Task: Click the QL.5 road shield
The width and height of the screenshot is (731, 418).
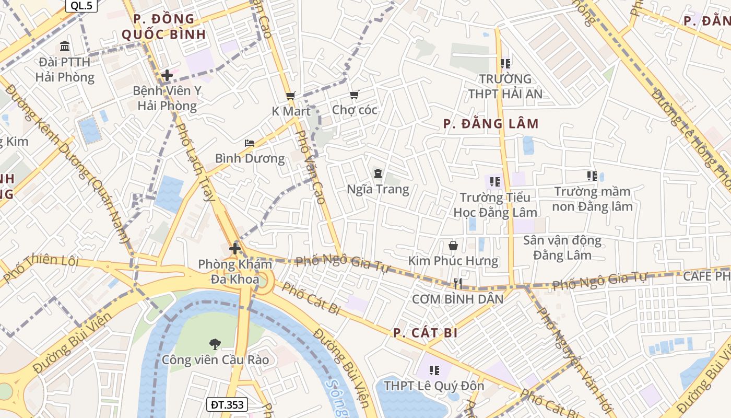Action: [x=81, y=6]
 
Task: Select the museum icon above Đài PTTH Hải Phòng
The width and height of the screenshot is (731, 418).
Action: [x=65, y=47]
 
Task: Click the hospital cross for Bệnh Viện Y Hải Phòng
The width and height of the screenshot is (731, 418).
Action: [x=167, y=75]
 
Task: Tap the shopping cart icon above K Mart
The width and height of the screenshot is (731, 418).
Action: [x=291, y=96]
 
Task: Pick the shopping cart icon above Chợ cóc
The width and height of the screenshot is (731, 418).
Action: [x=355, y=95]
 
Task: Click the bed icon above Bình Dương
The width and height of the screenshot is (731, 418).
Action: [x=250, y=143]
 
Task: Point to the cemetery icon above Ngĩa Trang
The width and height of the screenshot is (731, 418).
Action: [x=378, y=173]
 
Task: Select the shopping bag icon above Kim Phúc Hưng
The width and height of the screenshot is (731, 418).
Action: [x=453, y=245]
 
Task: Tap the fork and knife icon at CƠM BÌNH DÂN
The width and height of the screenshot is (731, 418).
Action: [x=458, y=284]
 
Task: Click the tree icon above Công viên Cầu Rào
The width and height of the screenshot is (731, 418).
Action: [x=215, y=344]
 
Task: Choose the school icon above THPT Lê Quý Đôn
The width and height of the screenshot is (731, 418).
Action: [x=434, y=370]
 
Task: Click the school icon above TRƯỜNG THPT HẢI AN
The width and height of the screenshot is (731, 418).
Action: [x=505, y=64]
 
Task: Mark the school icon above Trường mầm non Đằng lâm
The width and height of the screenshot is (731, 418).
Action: [x=592, y=176]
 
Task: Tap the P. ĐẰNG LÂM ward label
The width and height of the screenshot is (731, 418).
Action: [x=491, y=124]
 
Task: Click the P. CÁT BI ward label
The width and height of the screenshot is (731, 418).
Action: [x=425, y=333]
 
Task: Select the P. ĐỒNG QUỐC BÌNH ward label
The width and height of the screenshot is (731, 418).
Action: [x=163, y=27]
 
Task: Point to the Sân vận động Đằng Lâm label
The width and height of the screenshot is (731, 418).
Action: [x=562, y=248]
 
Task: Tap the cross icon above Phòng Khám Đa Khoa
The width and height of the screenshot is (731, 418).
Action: [x=235, y=249]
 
